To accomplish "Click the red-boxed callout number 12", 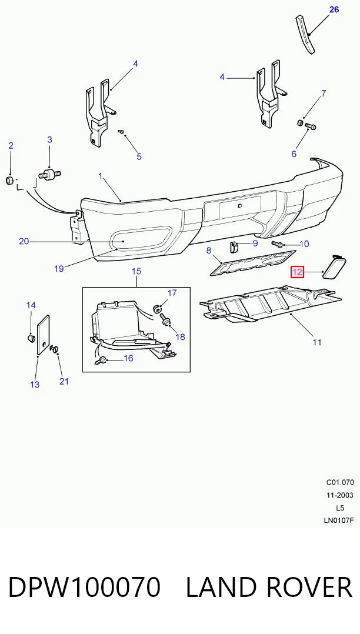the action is point(297,272).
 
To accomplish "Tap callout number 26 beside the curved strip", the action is point(334,9).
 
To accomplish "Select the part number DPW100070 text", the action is point(84,587).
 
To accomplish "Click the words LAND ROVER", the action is point(269,587).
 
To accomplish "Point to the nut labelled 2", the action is point(10,180).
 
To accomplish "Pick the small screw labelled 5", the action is point(122,131).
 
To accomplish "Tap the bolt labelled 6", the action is point(310,126).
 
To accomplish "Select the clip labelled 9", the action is point(234,246).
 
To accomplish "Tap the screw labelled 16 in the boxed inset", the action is point(102,361).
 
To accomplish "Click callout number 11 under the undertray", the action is point(316,342).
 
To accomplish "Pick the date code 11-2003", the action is point(340,495).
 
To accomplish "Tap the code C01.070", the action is point(340,482).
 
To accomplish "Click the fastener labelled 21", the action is point(55,348).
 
